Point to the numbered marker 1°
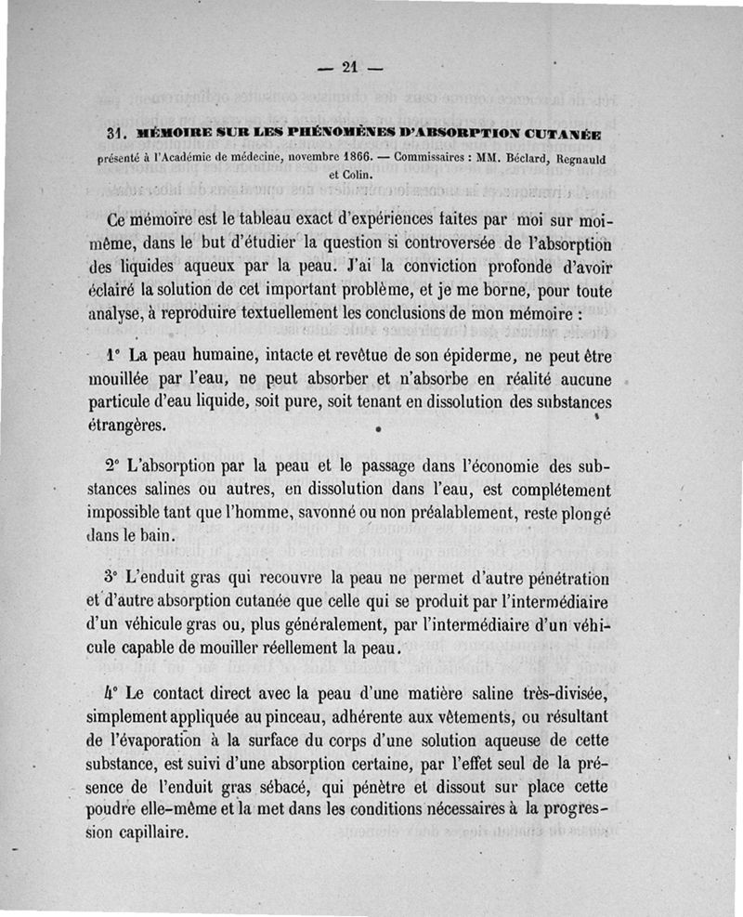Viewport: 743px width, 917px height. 114,355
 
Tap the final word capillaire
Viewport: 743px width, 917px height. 145,832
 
